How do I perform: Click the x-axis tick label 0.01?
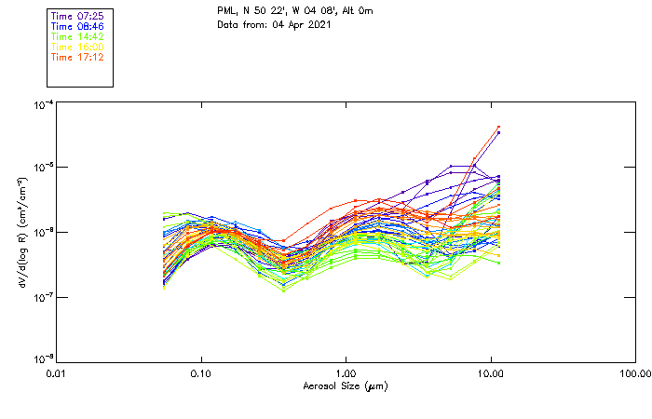[x=56, y=374]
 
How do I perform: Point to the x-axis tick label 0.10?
[x=200, y=374]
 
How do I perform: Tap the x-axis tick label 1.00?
[x=346, y=374]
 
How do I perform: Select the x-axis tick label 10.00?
[x=491, y=374]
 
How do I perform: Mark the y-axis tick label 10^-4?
[x=41, y=105]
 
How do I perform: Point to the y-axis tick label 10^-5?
[x=41, y=169]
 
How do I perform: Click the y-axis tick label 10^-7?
[x=41, y=297]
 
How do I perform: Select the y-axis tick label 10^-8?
[x=41, y=359]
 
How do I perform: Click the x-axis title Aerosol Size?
[x=346, y=385]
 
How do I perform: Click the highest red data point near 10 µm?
[x=498, y=127]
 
